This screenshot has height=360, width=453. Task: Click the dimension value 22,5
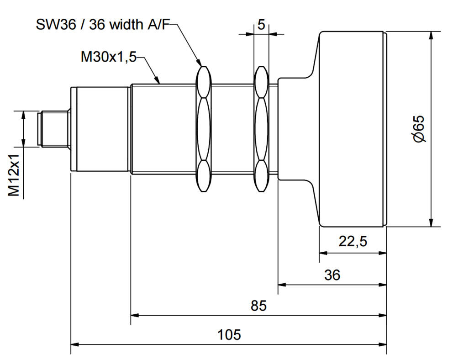(x=353, y=241)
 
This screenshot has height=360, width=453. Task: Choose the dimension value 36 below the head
(x=332, y=275)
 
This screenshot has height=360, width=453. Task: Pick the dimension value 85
(x=258, y=305)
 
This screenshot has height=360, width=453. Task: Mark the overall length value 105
(x=229, y=334)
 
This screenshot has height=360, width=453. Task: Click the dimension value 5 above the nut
(x=261, y=25)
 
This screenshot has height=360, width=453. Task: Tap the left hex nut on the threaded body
(x=204, y=128)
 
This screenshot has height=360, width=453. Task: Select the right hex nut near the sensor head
(x=261, y=128)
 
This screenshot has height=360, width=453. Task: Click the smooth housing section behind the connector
(x=100, y=128)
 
